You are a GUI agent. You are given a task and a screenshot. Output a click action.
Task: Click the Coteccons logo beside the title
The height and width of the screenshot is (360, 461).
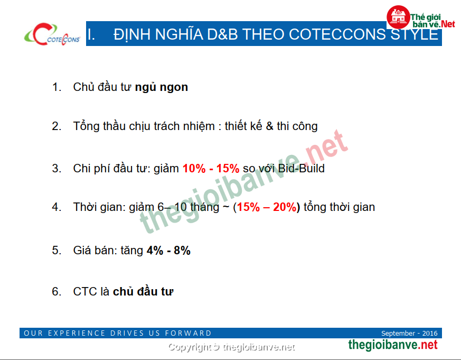(52, 34)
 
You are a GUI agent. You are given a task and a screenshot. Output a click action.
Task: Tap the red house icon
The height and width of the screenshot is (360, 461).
(398, 17)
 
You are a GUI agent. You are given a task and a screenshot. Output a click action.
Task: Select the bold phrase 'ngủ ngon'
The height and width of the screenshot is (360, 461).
(162, 87)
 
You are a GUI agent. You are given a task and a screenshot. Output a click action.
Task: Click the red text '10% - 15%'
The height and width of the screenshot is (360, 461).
(211, 169)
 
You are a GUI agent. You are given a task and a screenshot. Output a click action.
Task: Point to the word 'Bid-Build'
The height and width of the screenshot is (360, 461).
(302, 169)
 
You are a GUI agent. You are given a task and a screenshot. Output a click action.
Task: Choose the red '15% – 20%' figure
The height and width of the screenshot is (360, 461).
(266, 207)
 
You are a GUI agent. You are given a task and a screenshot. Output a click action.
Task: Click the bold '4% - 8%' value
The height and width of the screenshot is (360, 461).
(169, 251)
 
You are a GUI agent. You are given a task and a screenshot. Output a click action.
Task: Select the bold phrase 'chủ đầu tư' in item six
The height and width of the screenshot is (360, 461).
(143, 291)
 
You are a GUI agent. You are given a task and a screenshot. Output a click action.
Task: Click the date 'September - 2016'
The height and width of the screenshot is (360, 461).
(409, 333)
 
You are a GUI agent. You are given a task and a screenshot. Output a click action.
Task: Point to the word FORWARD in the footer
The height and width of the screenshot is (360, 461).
(188, 333)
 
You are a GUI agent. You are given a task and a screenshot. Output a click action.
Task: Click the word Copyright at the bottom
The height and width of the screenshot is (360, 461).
(190, 348)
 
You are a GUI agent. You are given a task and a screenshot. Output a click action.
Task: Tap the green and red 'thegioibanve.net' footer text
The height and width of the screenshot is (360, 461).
(393, 345)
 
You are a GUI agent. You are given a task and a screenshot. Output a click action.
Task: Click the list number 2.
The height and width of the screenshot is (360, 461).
(57, 126)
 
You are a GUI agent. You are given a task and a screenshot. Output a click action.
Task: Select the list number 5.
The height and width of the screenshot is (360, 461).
(57, 251)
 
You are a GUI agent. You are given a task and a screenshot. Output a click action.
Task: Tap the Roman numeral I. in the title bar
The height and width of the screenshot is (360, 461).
(91, 34)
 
